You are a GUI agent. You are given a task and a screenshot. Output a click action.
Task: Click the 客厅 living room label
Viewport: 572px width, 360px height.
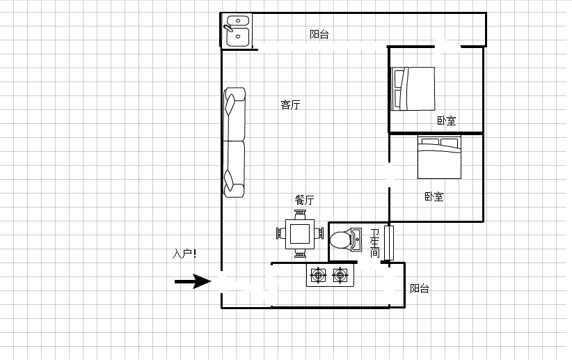pyautogui.click(x=290, y=104)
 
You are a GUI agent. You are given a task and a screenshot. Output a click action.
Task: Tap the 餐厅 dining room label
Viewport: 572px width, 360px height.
pyautogui.click(x=304, y=200)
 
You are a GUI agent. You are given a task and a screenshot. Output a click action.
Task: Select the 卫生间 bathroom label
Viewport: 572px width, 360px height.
pyautogui.click(x=375, y=243)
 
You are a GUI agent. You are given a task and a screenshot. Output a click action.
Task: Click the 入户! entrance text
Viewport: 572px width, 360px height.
pyautogui.click(x=184, y=253)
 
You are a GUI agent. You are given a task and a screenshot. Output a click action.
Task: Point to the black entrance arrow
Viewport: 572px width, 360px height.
pyautogui.click(x=193, y=281)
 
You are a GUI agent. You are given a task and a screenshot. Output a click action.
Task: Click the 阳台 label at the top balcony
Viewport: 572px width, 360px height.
pyautogui.click(x=319, y=34)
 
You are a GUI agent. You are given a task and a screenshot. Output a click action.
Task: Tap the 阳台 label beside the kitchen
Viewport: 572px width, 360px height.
pyautogui.click(x=419, y=288)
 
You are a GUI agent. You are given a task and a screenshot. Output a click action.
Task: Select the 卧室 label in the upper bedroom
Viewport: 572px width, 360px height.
pyautogui.click(x=447, y=121)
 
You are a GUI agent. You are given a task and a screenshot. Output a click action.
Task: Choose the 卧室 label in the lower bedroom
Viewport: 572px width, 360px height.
pyautogui.click(x=434, y=197)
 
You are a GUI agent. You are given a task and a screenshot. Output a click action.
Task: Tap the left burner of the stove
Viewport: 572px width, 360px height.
pyautogui.click(x=318, y=275)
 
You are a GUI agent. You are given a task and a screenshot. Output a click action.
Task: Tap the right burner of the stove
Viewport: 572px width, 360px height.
pyautogui.click(x=340, y=275)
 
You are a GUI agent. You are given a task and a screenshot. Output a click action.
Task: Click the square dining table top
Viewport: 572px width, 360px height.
pyautogui.click(x=300, y=234)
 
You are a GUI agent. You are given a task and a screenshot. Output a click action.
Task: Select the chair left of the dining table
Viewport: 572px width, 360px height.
pyautogui.click(x=281, y=233)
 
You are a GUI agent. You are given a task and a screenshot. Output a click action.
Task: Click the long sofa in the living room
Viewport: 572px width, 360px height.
pyautogui.click(x=235, y=142)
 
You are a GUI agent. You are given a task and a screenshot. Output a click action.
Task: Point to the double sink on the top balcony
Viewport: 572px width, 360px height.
pyautogui.click(x=237, y=31)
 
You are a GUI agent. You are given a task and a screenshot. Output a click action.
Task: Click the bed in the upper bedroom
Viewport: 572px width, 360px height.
pyautogui.click(x=413, y=88)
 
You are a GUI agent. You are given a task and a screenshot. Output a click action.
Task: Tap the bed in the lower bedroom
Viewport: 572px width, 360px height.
pyautogui.click(x=439, y=157)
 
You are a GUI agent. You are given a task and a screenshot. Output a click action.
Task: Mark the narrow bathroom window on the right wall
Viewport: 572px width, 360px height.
pyautogui.click(x=389, y=243)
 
